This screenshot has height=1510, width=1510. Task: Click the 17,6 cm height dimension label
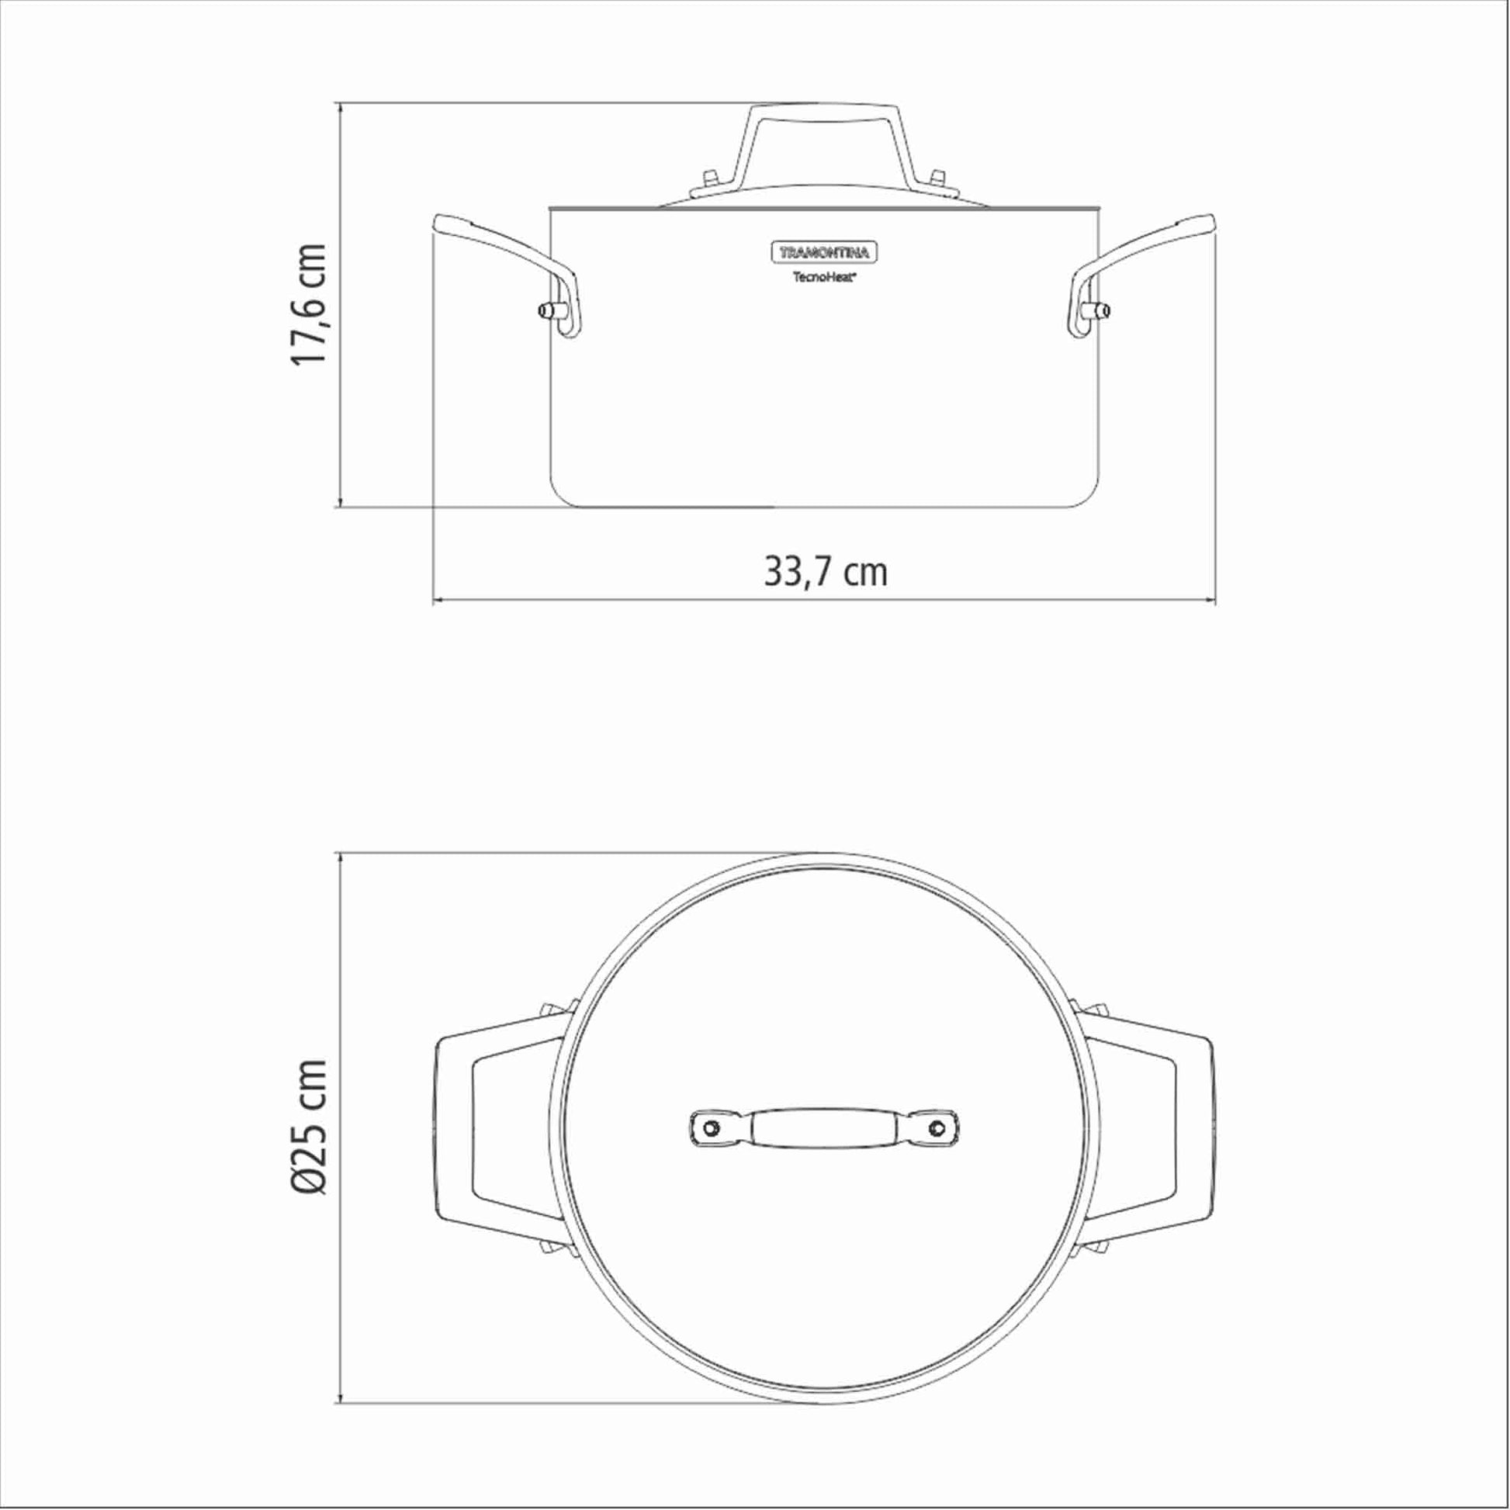[308, 304]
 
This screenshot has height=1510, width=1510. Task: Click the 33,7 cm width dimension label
[826, 573]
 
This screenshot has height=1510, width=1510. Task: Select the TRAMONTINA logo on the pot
[826, 252]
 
